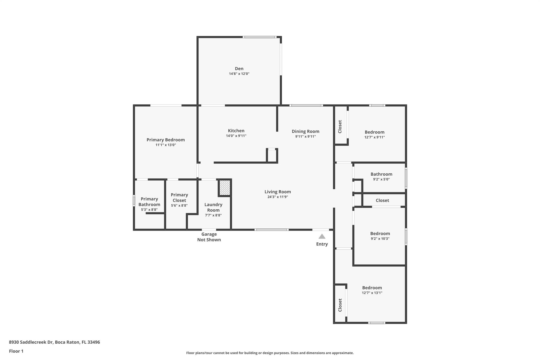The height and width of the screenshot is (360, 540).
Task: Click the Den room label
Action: point(239,69)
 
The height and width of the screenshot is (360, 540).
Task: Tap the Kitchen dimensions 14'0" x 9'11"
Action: point(236,136)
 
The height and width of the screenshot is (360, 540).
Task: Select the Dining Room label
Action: point(305,131)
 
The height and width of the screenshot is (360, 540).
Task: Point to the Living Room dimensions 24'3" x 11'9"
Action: point(278,197)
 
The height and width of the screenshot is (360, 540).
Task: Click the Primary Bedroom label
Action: point(166,140)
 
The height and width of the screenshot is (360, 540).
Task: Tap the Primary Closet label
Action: point(179,198)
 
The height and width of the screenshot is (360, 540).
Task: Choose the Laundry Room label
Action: point(213,207)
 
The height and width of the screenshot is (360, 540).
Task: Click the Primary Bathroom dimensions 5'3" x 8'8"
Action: point(149,210)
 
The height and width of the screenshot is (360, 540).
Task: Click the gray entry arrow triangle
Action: point(322,236)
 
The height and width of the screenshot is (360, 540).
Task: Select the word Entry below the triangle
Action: point(322,244)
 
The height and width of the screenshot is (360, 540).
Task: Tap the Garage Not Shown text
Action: point(209,237)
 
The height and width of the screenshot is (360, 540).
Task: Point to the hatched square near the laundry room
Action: point(225,188)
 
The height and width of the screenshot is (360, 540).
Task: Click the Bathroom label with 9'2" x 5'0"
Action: point(381,174)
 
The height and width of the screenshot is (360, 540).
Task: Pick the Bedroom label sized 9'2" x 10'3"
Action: point(380,233)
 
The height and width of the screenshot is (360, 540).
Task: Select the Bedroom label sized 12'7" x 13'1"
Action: point(372,288)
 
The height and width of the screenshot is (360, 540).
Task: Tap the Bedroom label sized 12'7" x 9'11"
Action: point(374,132)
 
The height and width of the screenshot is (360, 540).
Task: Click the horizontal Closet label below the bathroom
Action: point(382,200)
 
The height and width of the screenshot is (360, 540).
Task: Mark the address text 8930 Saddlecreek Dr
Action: point(31,342)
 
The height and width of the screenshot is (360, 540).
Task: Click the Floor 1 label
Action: point(16,351)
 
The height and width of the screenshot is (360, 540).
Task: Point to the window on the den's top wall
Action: point(259,37)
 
